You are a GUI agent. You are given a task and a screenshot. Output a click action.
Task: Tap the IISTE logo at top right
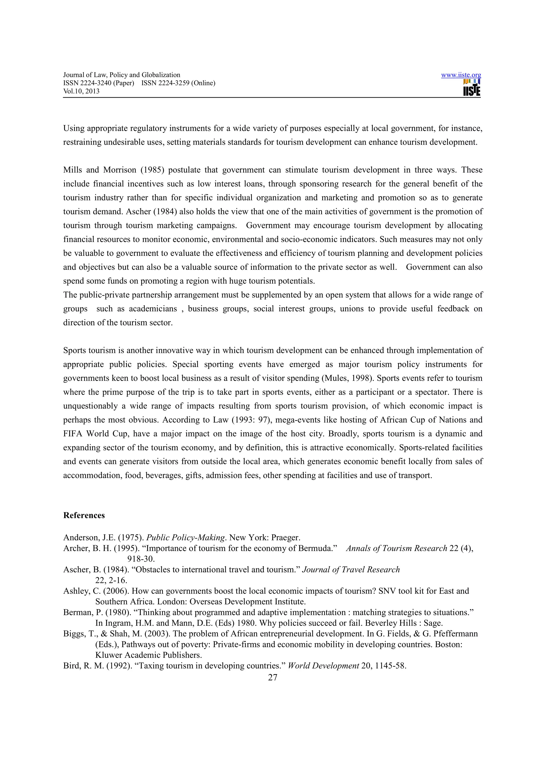pos(472,88)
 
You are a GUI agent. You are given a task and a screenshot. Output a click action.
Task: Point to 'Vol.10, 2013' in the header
pos(81,91)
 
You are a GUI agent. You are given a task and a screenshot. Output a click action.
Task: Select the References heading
pos(84,515)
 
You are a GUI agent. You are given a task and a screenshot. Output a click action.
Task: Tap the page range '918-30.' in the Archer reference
pos(141,559)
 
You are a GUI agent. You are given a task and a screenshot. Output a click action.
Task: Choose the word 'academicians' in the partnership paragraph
pos(153,309)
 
